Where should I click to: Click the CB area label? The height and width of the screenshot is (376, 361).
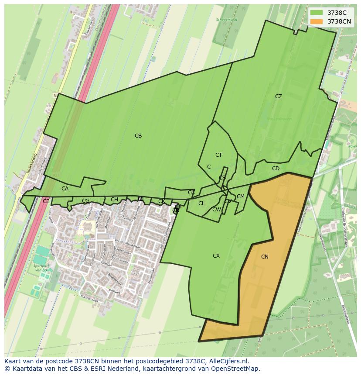(138, 136)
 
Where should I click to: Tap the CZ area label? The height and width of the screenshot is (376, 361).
(279, 97)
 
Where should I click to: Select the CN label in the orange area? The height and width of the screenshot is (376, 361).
(265, 257)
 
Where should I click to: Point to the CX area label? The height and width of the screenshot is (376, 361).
(216, 256)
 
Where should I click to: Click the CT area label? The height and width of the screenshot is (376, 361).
(219, 155)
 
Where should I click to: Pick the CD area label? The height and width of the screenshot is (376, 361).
(276, 169)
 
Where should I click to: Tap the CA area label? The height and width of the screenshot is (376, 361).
(65, 189)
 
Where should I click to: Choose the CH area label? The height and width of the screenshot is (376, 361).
(114, 200)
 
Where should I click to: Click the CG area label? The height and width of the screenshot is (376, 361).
(86, 201)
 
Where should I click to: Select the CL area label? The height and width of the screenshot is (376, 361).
(201, 204)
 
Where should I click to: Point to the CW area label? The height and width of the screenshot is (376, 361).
(217, 210)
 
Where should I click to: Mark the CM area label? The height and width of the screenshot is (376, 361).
(241, 197)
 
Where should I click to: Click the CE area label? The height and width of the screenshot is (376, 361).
(46, 201)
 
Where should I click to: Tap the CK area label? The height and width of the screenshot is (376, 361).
(162, 201)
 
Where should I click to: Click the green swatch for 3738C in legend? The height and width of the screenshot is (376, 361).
(317, 13)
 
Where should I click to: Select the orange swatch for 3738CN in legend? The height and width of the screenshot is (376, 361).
(317, 21)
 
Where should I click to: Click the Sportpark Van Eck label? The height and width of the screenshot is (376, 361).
(43, 268)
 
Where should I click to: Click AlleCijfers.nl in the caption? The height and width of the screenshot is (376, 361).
(228, 361)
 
